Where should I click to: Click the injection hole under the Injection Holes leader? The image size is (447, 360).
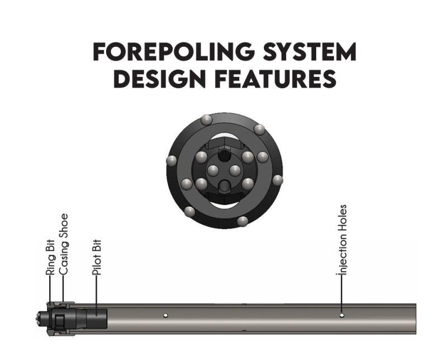point(342,315)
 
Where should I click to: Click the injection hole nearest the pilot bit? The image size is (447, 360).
point(165,315)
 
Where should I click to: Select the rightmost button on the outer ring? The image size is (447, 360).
point(277,180)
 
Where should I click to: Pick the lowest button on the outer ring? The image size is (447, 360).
point(242,221)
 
